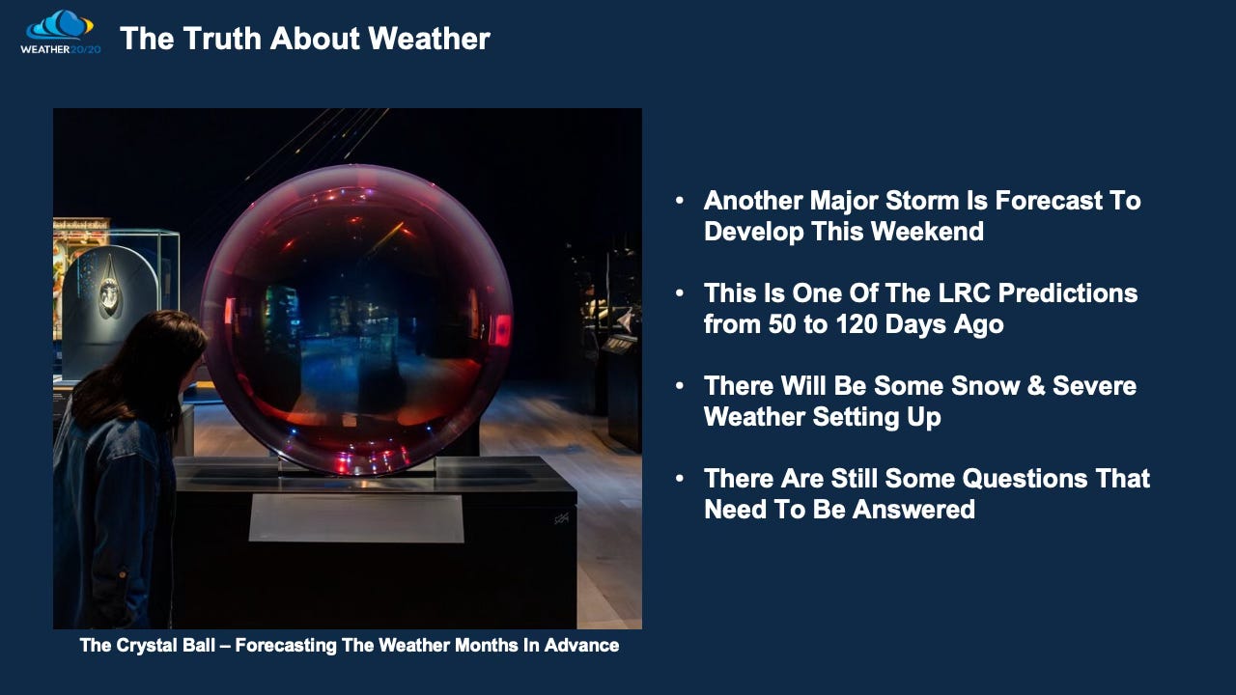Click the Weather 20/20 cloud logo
[60, 32]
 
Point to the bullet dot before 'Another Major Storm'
[679, 200]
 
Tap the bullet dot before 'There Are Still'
[679, 478]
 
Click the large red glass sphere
[356, 320]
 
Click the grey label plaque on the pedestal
[356, 518]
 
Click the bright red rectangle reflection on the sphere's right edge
[501, 330]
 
